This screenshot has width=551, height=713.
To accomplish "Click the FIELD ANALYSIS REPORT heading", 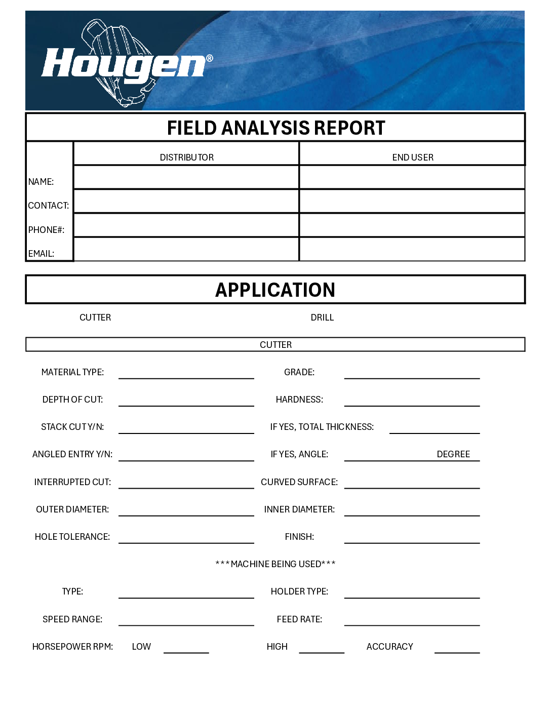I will (275, 128).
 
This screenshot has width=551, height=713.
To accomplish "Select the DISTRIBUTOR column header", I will (186, 157).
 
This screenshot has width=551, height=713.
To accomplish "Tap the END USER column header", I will (412, 157).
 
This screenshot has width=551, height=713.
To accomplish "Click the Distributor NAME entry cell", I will (186, 178).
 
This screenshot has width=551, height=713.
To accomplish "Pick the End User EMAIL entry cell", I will (412, 250).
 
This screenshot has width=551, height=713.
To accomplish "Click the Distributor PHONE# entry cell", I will (186, 225).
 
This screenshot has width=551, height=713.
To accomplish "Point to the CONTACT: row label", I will (49, 206).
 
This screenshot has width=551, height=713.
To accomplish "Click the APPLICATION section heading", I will (275, 290).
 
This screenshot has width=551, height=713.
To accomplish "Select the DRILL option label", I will (322, 318).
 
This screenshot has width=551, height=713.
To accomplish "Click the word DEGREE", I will (453, 454).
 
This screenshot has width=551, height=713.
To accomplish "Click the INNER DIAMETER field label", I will (299, 509).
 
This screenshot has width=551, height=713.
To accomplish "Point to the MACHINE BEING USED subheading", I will (275, 564).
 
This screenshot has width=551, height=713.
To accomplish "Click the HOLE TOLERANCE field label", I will (72, 537).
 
